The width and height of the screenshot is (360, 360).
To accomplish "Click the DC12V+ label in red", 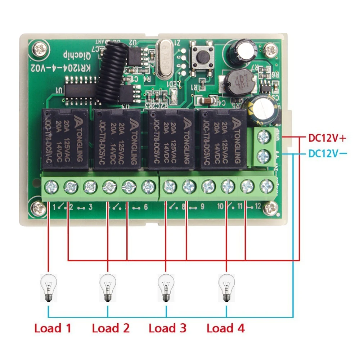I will (327, 138).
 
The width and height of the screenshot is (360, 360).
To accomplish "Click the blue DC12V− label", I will (327, 154).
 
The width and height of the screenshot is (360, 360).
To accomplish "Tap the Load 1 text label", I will (53, 328).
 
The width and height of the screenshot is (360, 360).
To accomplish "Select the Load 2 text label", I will (110, 328).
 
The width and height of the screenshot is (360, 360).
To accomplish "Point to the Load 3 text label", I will (167, 328).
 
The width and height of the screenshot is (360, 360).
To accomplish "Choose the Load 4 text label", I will (225, 328).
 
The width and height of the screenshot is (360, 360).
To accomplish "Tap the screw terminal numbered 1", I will (49, 186).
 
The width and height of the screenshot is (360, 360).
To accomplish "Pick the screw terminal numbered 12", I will (267, 186).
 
